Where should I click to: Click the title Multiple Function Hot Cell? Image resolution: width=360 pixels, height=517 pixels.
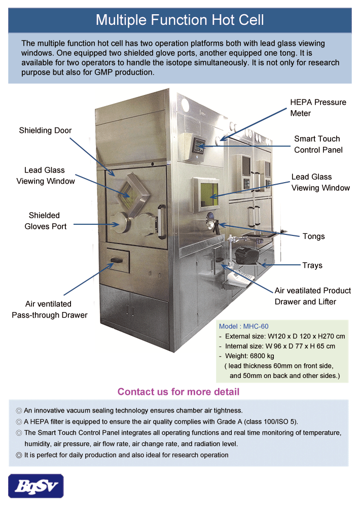coord(179,20)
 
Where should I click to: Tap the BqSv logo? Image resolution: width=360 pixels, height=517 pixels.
coord(35,486)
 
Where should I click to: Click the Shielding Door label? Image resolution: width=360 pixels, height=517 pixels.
coord(45,130)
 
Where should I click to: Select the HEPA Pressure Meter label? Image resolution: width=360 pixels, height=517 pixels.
coord(318,108)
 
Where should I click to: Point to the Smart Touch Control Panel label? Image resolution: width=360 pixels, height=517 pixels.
coord(318,144)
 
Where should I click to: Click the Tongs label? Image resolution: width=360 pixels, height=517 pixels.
coord(313,236)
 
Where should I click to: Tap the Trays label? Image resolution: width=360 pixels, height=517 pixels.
coord(312,265)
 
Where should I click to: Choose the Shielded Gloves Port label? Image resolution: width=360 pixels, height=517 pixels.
coord(46,221)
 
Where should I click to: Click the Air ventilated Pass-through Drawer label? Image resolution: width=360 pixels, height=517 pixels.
coord(49,309)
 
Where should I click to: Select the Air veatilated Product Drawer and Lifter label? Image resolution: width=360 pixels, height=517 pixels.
coord(312,296)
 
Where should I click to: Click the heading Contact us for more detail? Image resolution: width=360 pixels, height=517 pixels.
coord(178,392)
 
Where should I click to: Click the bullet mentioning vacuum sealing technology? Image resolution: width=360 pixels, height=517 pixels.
coord(129,410)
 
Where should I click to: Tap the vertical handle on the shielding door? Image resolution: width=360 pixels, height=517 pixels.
coord(161,221)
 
